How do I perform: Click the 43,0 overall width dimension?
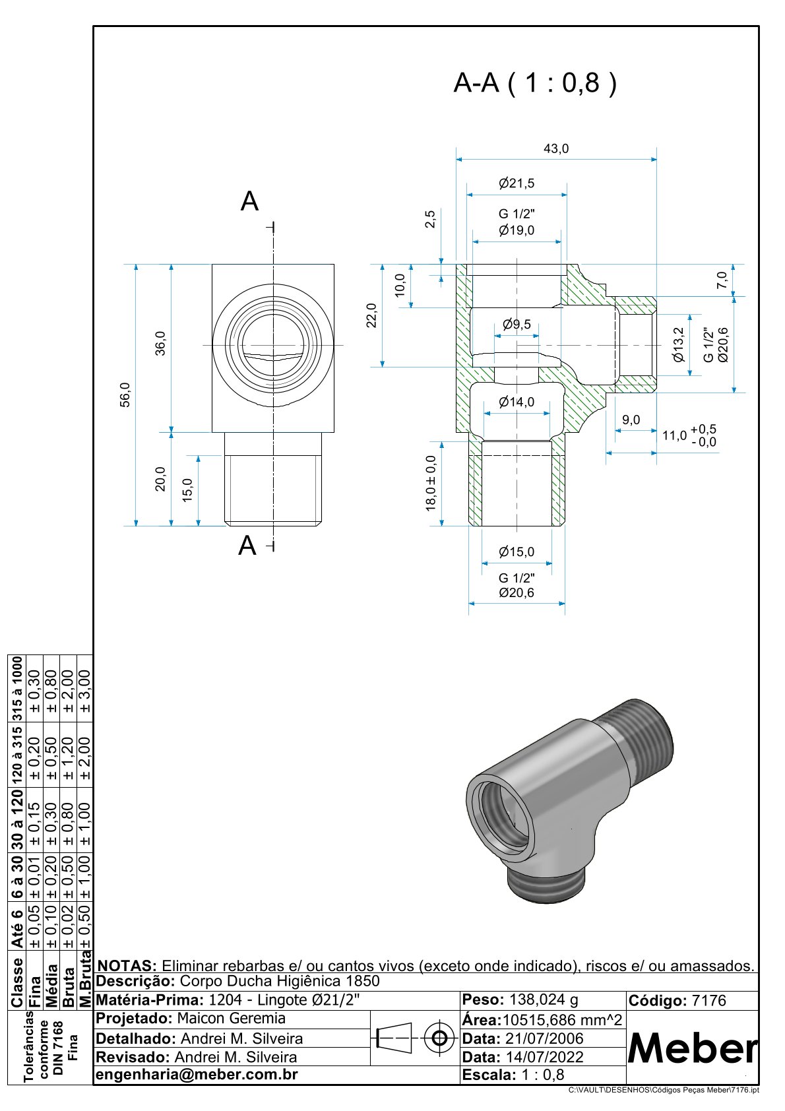556,149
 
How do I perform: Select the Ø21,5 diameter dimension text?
517,183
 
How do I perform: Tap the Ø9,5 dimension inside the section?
517,325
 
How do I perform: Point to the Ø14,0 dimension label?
517,402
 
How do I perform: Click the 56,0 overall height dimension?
125,395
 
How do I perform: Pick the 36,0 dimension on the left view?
161,343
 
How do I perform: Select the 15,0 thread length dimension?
187,490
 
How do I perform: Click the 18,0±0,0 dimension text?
431,483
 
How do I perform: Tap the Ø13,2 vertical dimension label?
678,344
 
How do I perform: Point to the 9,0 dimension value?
631,420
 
